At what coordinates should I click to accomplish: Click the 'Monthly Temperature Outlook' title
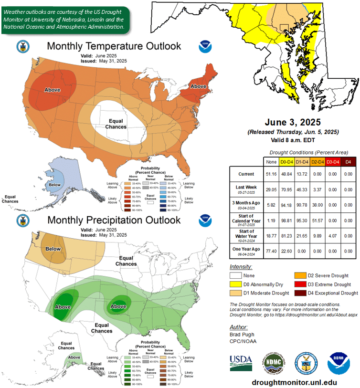(x=114, y=46)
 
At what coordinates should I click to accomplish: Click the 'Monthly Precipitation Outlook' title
(x=114, y=220)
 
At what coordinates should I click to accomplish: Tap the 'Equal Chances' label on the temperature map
(x=116, y=124)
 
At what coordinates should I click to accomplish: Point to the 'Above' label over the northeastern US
(x=198, y=86)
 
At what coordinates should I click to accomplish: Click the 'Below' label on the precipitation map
(x=53, y=249)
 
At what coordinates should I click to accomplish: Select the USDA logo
(x=241, y=361)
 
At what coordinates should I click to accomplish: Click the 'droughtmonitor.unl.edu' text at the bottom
(x=294, y=382)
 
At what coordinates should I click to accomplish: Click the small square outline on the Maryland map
(x=285, y=29)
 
